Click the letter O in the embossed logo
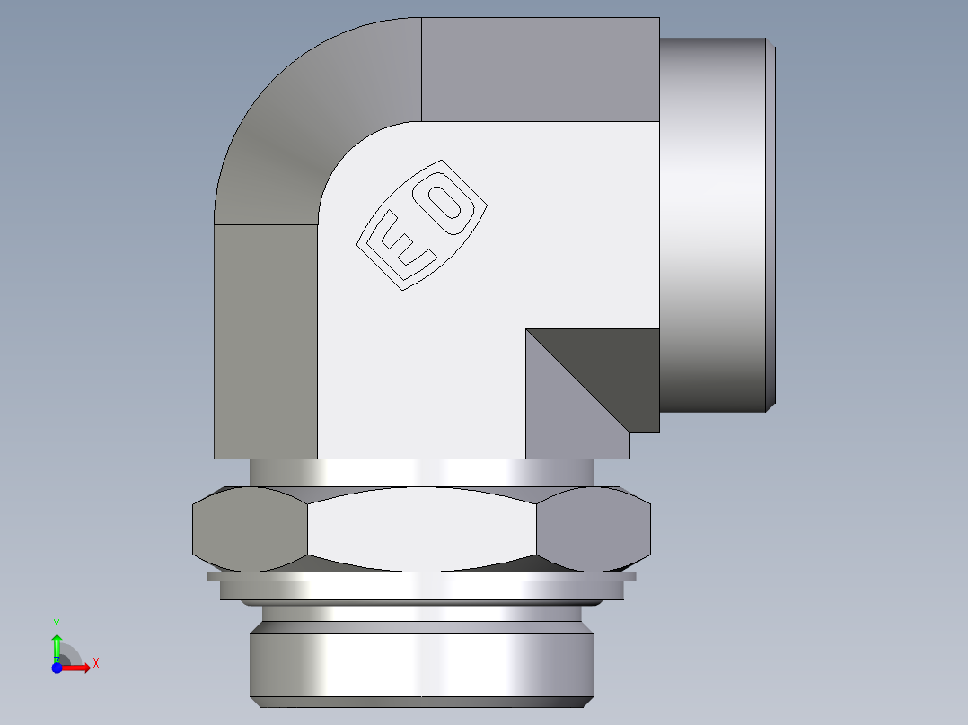click(x=446, y=205)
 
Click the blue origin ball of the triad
click(x=57, y=668)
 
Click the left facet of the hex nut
click(x=250, y=529)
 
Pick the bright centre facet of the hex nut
click(x=422, y=529)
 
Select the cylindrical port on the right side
click(x=714, y=224)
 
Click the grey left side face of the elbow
click(x=265, y=341)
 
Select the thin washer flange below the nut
click(x=422, y=576)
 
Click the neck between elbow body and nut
click(x=422, y=472)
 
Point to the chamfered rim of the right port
click(x=770, y=224)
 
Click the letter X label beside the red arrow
click(x=95, y=663)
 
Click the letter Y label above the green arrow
click(x=57, y=622)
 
